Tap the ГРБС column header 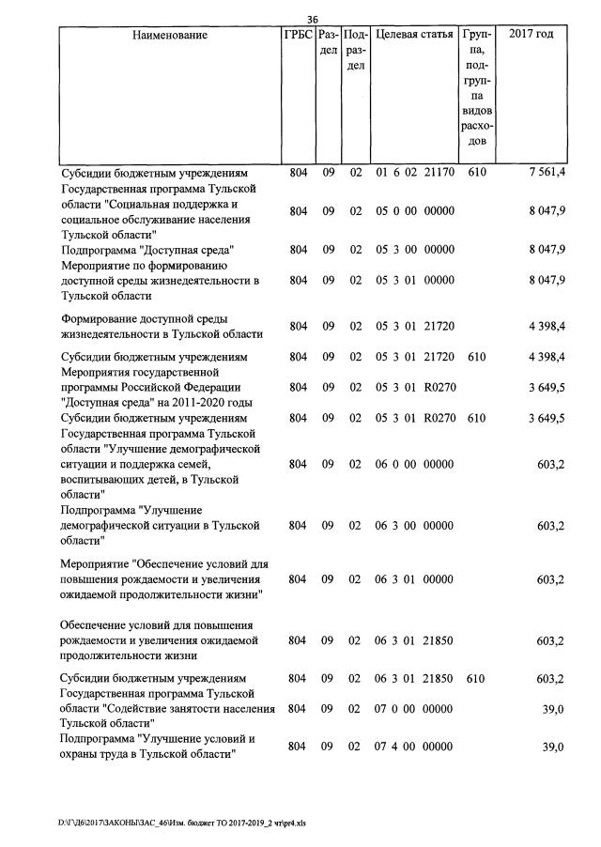(x=298, y=35)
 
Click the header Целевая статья (x=414, y=35)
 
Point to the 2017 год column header (x=531, y=35)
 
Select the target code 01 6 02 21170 (x=414, y=174)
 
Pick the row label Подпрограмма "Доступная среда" (x=146, y=250)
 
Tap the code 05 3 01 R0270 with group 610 (x=414, y=418)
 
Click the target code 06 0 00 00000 (x=414, y=464)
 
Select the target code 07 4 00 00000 (x=414, y=747)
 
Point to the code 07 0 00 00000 (x=414, y=709)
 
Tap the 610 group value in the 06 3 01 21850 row (x=476, y=678)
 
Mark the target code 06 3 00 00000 (x=414, y=526)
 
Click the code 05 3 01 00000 (x=414, y=280)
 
